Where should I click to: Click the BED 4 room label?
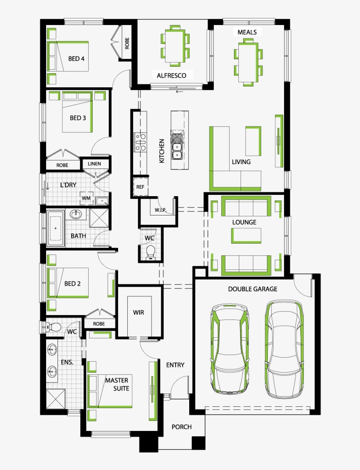pos(76,58)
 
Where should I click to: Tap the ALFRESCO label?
pos(171,75)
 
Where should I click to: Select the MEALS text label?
pos(247,32)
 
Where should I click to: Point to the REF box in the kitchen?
pos(140,187)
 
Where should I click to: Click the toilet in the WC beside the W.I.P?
pos(151,251)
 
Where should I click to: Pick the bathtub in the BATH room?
pos(56,228)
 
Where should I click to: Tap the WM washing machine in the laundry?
pos(86,198)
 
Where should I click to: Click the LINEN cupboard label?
pos(94,164)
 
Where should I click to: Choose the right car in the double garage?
pos(284,348)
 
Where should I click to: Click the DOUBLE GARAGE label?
pos(252,289)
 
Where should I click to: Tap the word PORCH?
pos(181,427)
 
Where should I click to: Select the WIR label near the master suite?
pos(139,313)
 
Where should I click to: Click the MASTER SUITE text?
pos(116,384)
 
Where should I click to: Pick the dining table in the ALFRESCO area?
pos(175,45)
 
